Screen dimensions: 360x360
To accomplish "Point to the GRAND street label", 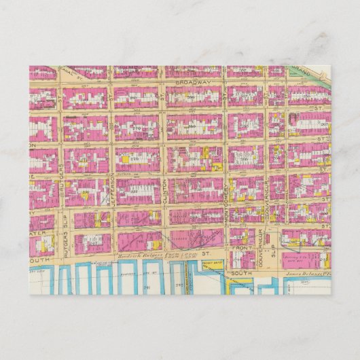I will point(301,70).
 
